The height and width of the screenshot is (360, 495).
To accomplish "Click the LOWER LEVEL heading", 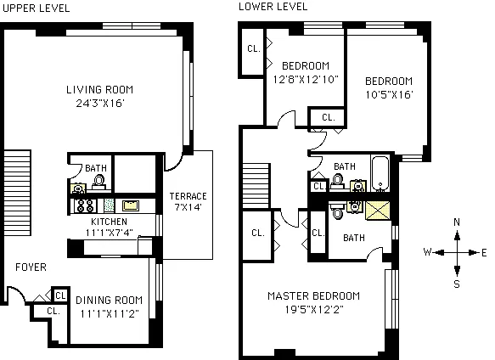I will coord(273,7).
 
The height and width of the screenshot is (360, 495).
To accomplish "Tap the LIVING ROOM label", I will coord(101,89).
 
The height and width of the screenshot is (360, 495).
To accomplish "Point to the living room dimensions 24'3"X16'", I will coord(101,105).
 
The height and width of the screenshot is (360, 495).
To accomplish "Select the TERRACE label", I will coord(188,196).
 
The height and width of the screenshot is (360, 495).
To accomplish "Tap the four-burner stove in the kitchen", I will coord(85,205).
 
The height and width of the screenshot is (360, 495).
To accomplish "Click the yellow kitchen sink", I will coord(130,205).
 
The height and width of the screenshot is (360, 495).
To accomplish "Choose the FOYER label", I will coord(31,267).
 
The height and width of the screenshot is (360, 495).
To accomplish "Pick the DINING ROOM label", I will coord(110,299).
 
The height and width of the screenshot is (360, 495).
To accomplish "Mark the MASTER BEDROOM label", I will coord(313,295).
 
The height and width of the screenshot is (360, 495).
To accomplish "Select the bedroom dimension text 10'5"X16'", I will coord(388,94).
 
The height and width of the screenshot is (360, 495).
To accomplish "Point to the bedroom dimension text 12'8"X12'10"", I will coord(306,79).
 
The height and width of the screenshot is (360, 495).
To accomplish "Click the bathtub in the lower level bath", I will coord(380,173).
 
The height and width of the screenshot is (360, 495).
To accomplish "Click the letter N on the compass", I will coord(457,222).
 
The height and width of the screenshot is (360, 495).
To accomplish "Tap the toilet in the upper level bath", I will coord(98,180).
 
